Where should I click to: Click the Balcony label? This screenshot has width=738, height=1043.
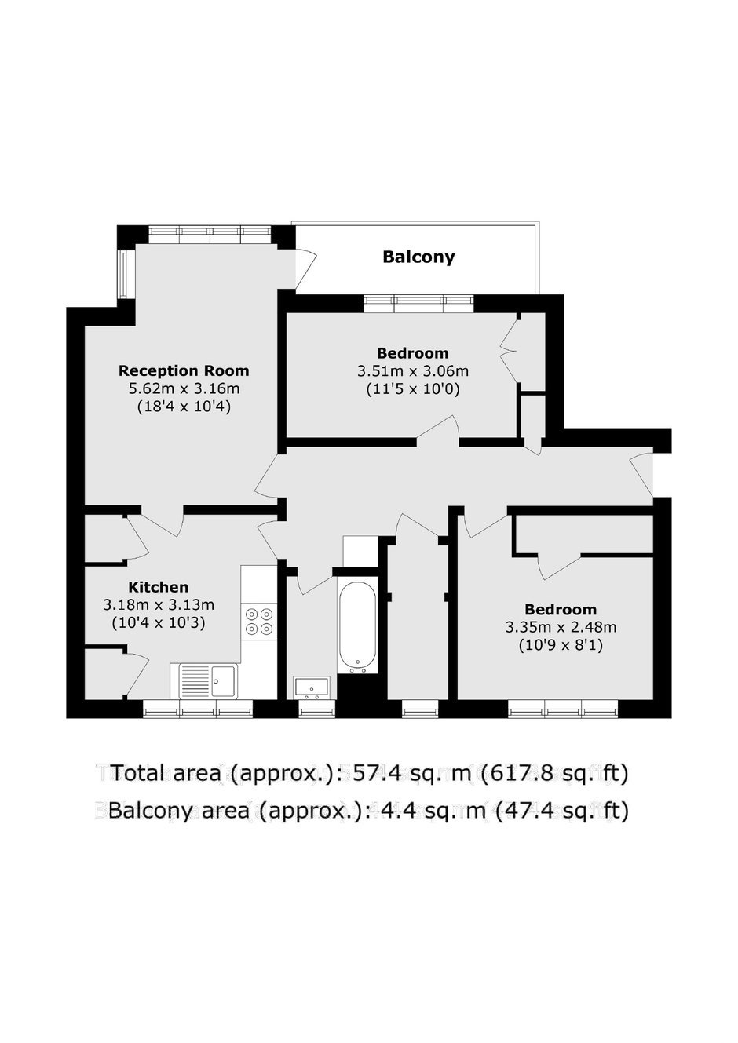[418, 257]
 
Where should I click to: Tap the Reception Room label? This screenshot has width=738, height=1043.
[184, 370]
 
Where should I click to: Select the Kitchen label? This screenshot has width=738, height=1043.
[159, 587]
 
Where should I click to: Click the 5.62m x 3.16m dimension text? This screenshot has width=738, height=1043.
[184, 388]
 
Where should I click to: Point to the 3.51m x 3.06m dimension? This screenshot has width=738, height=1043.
[413, 371]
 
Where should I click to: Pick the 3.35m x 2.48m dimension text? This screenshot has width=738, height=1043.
[561, 627]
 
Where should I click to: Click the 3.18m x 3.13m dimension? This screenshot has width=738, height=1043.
[159, 605]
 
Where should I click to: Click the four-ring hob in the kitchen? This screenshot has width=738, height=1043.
[260, 622]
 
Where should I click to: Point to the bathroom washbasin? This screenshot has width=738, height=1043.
[312, 687]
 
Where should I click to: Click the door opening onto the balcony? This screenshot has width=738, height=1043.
[306, 268]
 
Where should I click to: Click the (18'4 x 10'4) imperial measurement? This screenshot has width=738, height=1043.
[184, 407]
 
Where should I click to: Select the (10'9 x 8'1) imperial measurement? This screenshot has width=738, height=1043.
[561, 645]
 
